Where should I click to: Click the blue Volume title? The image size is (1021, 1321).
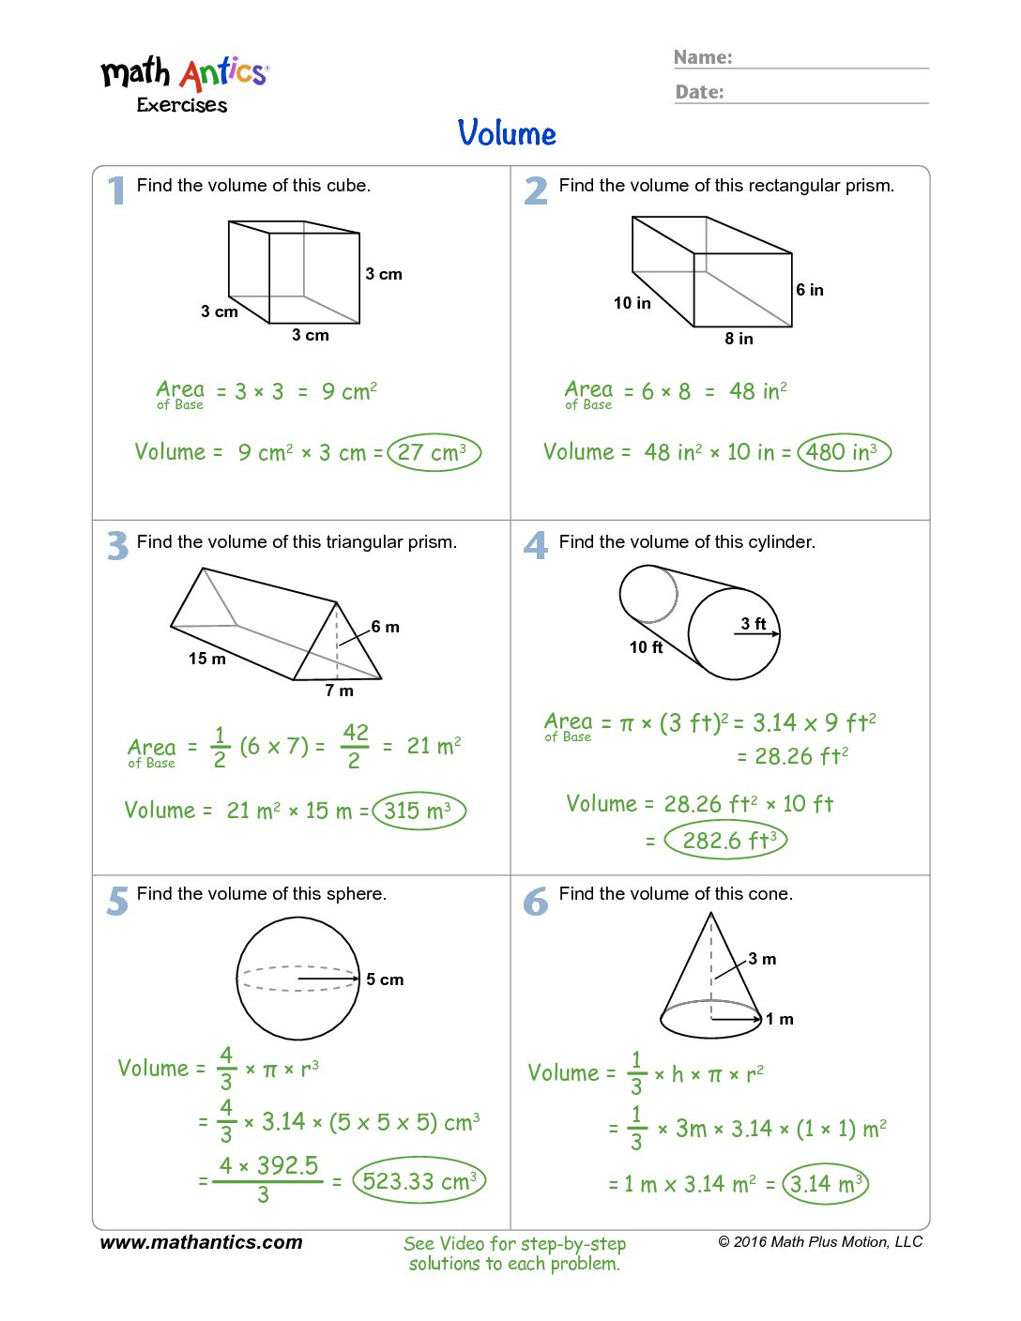coord(507,133)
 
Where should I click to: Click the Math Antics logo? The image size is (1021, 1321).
coord(185,83)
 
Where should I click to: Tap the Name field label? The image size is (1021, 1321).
coord(703,57)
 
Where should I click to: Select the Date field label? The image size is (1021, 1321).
coord(700,92)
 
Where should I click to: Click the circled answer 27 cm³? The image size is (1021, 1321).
coord(434,452)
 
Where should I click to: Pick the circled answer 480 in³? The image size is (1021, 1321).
coord(844,452)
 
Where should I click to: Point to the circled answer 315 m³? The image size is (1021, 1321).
coord(419,811)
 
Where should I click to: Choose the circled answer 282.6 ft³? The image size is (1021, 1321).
coord(725,840)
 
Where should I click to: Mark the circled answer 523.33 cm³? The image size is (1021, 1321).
coord(419,1181)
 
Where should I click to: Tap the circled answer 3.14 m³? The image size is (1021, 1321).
coord(826,1184)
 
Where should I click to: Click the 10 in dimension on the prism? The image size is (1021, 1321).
coord(632,303)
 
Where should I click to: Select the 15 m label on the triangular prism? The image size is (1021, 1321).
coord(206,659)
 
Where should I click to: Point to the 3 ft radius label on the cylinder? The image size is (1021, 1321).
coord(754,624)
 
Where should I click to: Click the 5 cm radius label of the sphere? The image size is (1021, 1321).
coord(385,979)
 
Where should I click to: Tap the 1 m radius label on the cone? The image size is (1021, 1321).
coord(780,1019)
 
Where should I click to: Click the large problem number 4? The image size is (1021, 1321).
coord(536,545)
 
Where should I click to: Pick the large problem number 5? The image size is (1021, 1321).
coord(117,901)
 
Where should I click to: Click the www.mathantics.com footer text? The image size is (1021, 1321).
coord(201,1242)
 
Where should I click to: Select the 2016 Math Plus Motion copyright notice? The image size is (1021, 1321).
coord(820,1242)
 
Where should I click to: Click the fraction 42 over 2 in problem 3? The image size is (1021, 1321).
coord(355,746)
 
